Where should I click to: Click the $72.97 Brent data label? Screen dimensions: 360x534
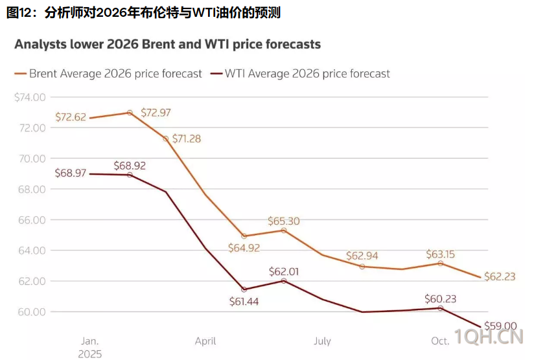pyautogui.click(x=156, y=113)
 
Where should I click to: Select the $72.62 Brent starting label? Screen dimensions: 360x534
pyautogui.click(x=71, y=117)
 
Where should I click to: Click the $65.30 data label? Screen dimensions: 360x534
pyautogui.click(x=284, y=221)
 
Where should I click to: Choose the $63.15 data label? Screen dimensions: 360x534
pyautogui.click(x=441, y=253)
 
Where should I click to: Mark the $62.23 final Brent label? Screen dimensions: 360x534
pyautogui.click(x=500, y=276)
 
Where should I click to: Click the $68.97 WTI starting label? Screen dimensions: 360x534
pyautogui.click(x=71, y=174)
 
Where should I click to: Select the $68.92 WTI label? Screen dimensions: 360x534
pyautogui.click(x=130, y=166)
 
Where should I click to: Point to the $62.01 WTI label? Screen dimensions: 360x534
pyautogui.click(x=283, y=271)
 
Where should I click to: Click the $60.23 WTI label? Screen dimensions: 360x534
pyautogui.click(x=440, y=298)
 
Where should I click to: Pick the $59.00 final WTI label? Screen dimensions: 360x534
pyautogui.click(x=500, y=326)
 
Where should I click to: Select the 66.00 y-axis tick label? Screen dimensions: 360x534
pyautogui.click(x=32, y=219)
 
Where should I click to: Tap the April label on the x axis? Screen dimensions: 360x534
pyautogui.click(x=205, y=341)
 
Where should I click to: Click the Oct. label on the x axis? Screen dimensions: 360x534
pyautogui.click(x=441, y=341)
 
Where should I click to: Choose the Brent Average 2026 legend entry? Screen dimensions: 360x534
pyautogui.click(x=109, y=74)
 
